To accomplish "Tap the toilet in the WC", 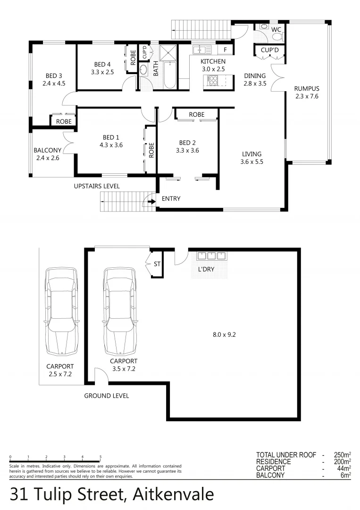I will click(x=277, y=35).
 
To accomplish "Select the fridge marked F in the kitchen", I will click(x=226, y=49).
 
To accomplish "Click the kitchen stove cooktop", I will click(x=212, y=81).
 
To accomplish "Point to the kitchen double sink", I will click(x=201, y=49).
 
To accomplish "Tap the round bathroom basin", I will click(x=143, y=70).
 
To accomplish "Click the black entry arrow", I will click(x=152, y=201).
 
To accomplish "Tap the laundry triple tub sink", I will click(x=211, y=256).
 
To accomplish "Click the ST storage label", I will click(x=157, y=264).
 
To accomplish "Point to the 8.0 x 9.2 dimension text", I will click(x=224, y=334).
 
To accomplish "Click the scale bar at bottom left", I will click(x=55, y=460).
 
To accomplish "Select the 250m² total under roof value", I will click(x=343, y=455).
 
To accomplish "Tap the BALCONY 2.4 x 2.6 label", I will click(x=47, y=154).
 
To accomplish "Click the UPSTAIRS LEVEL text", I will click(x=97, y=186).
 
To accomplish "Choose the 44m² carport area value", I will click(x=344, y=468).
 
